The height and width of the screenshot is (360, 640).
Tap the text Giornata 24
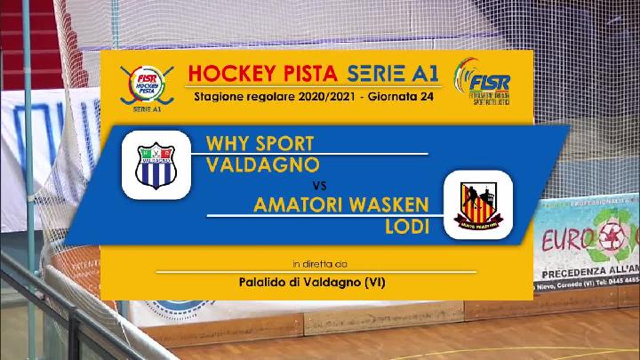399,96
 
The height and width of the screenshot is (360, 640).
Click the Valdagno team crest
156,165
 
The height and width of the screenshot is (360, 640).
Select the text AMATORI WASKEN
341,206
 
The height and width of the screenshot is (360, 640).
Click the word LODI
401,227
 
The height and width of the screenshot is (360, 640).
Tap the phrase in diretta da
320,263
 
